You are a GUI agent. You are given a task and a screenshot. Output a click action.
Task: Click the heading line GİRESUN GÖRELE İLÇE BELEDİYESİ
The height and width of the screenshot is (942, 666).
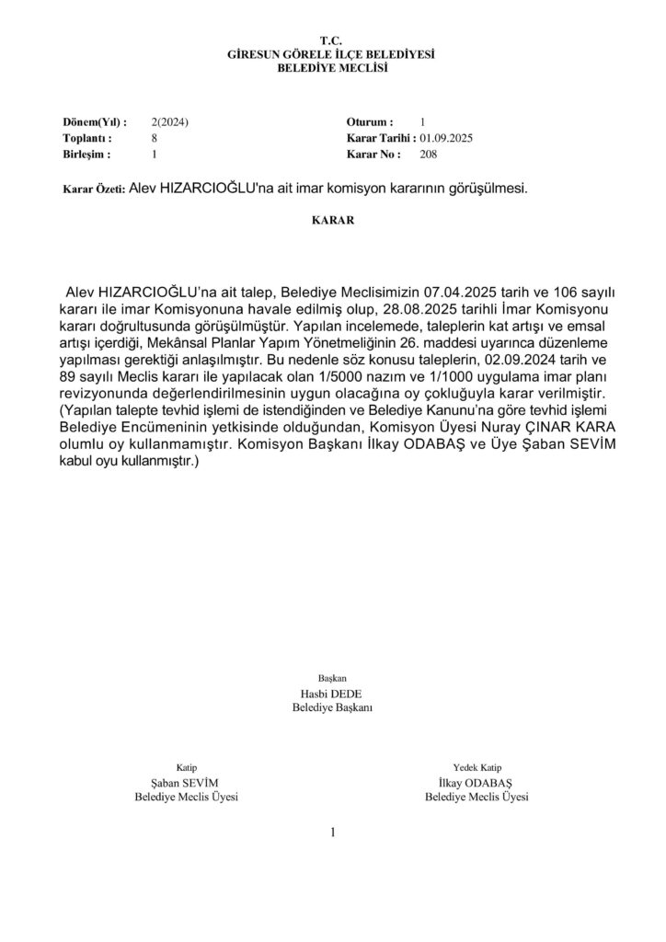coord(331,55)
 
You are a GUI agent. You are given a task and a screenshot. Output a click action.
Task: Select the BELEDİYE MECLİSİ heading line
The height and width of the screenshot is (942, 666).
coord(331,68)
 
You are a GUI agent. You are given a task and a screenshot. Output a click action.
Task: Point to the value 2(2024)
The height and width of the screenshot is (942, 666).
coord(170,122)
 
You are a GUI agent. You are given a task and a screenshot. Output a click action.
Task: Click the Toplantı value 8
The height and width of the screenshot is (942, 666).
coord(155,138)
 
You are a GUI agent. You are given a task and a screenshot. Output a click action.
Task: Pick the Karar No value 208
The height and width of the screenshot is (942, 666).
coord(428,154)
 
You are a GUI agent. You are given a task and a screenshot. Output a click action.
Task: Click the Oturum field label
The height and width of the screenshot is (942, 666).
coord(370,122)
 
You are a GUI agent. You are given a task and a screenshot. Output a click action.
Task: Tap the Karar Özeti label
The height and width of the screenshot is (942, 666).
coord(93,189)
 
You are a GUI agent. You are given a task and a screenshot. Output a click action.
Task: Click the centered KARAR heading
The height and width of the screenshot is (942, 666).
coord(331,221)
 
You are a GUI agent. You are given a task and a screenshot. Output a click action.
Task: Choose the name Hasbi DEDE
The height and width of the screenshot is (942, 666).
coord(331,693)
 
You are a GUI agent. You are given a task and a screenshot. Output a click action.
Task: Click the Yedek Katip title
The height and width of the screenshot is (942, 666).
coord(476,767)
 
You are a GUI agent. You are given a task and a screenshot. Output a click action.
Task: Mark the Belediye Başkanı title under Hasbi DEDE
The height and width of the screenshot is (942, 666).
coord(331,707)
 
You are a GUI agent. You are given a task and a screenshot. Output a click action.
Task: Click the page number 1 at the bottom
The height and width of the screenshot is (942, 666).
coord(333,833)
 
